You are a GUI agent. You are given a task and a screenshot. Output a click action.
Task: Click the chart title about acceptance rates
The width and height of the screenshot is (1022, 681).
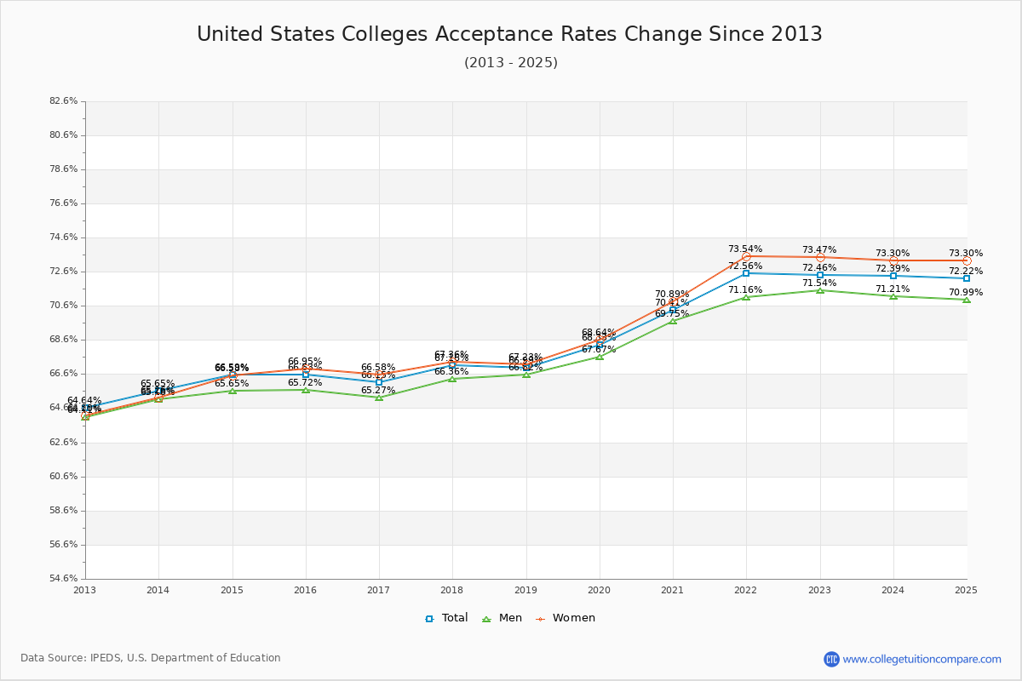pos(509,34)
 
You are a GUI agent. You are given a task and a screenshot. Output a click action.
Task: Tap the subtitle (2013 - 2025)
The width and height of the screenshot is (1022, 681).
pos(510,63)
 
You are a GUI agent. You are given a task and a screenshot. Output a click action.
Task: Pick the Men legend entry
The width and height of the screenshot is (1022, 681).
pos(502,618)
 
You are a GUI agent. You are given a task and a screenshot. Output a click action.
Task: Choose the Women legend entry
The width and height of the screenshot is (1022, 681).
pos(565,618)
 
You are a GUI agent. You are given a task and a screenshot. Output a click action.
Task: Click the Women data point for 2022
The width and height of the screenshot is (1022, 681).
pos(746,256)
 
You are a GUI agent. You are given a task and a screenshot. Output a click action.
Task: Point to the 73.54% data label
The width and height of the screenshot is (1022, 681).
pos(745,249)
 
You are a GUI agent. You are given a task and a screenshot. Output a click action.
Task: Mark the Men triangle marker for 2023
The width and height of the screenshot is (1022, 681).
pos(820,290)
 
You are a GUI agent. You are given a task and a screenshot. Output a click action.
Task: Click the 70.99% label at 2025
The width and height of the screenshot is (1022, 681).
pos(965,292)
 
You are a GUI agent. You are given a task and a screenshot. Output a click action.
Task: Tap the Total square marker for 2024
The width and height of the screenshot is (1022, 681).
pos(893,276)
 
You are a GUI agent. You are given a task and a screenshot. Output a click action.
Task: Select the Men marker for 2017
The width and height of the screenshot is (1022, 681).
pos(379,398)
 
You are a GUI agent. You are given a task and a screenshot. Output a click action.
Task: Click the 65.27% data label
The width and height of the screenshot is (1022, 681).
pos(378,390)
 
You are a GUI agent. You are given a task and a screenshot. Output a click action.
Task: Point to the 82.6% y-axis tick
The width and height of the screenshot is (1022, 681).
pos(63,101)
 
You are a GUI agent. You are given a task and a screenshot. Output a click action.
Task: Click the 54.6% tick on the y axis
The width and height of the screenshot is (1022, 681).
pos(63,579)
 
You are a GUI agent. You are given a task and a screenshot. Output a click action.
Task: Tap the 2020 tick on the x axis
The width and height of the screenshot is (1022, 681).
pos(600,590)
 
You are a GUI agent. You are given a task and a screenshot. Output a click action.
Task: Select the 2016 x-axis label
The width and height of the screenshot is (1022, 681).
pos(306,590)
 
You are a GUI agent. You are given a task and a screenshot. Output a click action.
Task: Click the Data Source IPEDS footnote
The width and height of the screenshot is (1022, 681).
pos(151,658)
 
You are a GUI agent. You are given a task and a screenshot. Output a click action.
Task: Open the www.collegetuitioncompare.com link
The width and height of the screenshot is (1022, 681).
pos(922,659)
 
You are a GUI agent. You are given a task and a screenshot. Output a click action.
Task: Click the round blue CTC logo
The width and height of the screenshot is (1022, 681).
pos(831,659)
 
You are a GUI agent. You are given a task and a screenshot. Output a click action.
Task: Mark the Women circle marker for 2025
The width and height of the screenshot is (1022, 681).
pos(967,260)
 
